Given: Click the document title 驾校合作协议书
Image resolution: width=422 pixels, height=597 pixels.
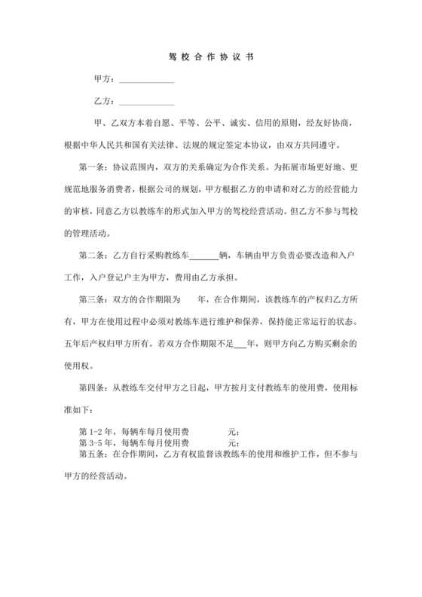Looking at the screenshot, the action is pyautogui.click(x=211, y=57).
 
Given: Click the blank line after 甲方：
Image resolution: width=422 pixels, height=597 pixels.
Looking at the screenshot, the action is pyautogui.click(x=147, y=79).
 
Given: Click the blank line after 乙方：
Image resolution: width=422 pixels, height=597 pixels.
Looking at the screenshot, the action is pyautogui.click(x=147, y=101).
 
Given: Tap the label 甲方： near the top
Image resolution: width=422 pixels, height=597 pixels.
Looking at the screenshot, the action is pyautogui.click(x=104, y=79).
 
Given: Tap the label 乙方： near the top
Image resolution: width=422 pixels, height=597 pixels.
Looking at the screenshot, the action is pyautogui.click(x=104, y=101).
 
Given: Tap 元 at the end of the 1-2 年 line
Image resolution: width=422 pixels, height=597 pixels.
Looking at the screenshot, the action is pyautogui.click(x=231, y=432).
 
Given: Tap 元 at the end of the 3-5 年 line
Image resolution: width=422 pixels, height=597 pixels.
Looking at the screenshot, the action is pyautogui.click(x=231, y=442).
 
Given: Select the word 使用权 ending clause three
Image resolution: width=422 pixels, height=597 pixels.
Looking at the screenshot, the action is pyautogui.click(x=73, y=366).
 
